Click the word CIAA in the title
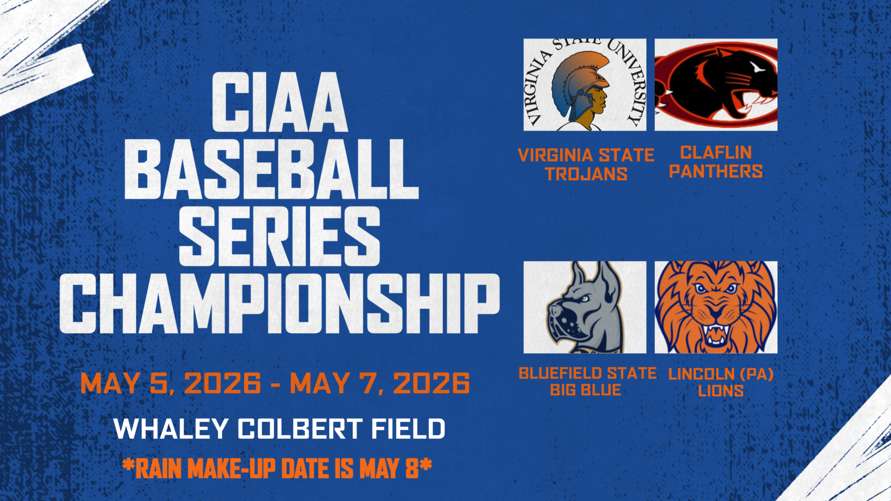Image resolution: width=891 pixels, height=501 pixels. [279, 102]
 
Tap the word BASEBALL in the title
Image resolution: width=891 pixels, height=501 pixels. [271, 169]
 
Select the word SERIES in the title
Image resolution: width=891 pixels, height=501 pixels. [279, 236]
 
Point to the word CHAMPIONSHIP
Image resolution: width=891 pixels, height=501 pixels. [279, 303]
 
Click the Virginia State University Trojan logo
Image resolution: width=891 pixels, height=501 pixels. [584, 85]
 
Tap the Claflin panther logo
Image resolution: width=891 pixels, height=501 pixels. [716, 85]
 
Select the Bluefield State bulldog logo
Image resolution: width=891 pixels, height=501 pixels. [584, 307]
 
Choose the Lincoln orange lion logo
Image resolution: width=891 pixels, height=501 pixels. [716, 307]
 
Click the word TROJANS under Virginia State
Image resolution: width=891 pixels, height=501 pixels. [586, 174]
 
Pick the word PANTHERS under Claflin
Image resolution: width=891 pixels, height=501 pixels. [716, 171]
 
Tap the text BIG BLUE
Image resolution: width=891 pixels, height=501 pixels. [585, 390]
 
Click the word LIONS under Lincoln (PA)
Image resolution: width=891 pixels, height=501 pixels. [721, 391]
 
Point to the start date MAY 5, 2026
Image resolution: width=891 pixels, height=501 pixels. [171, 383]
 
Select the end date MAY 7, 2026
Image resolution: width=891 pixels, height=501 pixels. [380, 383]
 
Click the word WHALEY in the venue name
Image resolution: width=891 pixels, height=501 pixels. [171, 429]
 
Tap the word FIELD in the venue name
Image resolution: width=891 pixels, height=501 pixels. [408, 429]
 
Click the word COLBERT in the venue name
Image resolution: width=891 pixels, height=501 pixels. [299, 429]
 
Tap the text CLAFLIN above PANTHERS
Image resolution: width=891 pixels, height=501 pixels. [716, 153]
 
